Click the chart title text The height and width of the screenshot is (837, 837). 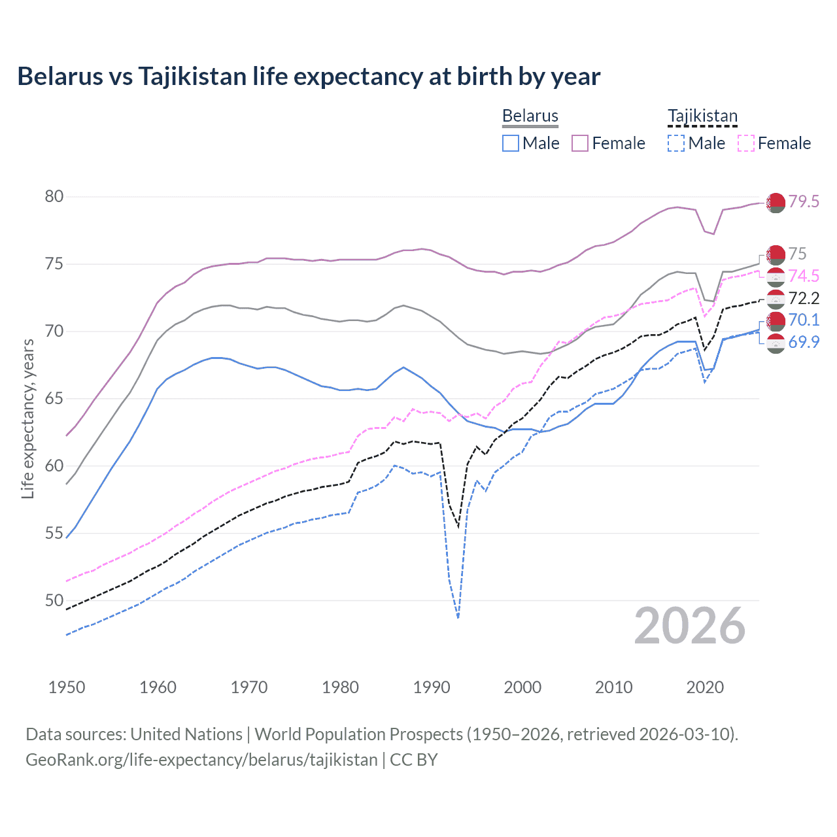pos(309,77)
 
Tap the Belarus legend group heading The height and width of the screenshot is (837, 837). pos(530,116)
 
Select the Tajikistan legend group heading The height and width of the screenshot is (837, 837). pos(702,116)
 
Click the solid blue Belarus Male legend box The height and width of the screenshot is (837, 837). pos(511,143)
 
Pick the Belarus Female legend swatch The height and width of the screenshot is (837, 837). pos(580,143)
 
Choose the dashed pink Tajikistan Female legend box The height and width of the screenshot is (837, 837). pos(746,143)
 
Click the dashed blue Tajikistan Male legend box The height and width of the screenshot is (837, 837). pos(676,143)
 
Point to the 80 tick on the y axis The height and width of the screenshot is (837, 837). pos(54,196)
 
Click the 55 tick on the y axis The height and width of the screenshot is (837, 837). pos(54,533)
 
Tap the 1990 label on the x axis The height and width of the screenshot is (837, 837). pos(432,687)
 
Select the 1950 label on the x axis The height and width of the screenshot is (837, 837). pos(67,687)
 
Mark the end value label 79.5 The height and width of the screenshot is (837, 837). pos(803,201)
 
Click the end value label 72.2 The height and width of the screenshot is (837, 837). pos(803,299)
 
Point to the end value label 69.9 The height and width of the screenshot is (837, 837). pos(803,342)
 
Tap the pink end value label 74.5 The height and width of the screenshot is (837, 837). pos(803,276)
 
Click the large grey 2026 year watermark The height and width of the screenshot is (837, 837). pos(689,626)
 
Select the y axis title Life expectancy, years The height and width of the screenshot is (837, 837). pos(27,418)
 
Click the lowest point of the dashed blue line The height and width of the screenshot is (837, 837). pos(458,617)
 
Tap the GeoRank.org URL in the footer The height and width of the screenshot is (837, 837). pos(201,760)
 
